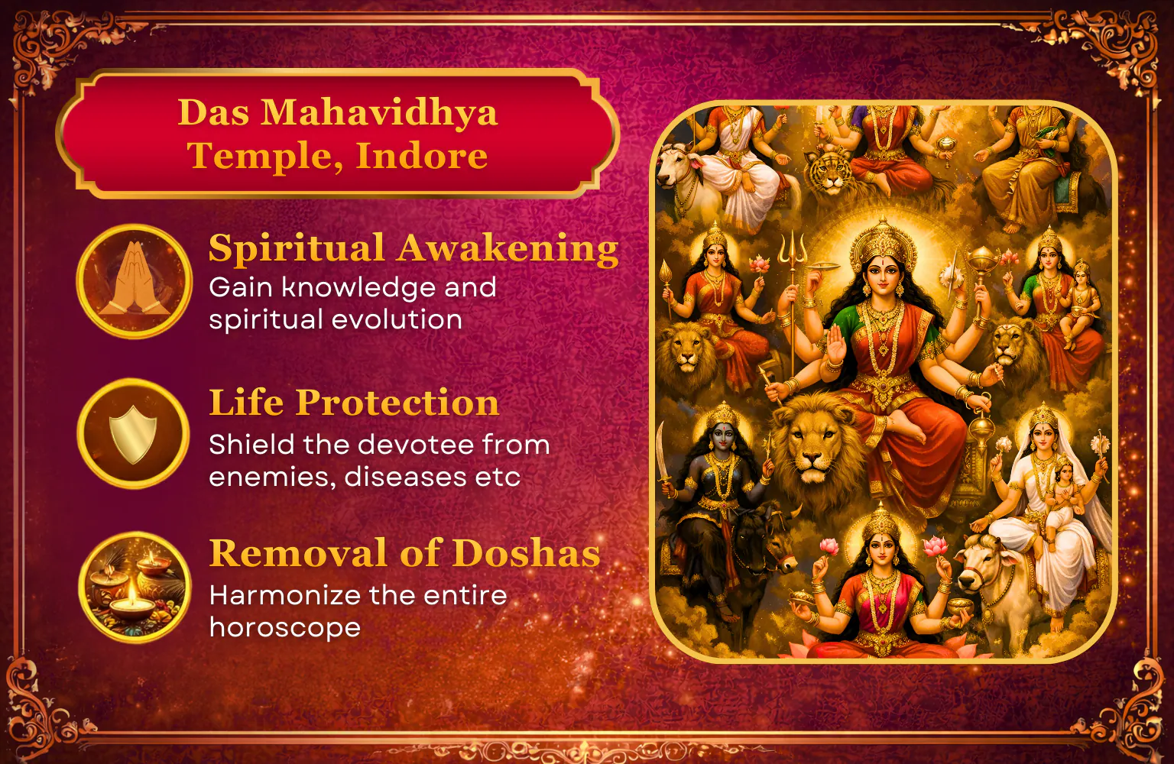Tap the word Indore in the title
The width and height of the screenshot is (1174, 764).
coord(422,156)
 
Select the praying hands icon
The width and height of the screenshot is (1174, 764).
coord(135,280)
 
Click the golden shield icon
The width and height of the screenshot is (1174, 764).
coord(133,434)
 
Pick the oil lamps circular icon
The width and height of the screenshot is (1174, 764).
coord(135,587)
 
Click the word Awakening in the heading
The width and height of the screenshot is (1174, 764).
coord(508,249)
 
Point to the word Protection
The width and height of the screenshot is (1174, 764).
coord(397,403)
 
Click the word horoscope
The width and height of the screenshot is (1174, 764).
coord(285,628)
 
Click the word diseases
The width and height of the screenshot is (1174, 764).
coord(405,476)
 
